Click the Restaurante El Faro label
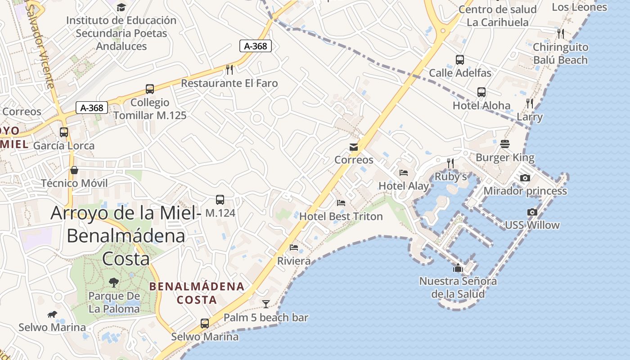point(229,83)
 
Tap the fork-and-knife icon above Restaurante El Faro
point(229,69)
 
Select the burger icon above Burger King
point(505,144)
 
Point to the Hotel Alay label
point(404,186)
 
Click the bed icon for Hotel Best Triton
point(341,202)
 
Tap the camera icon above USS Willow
point(532,212)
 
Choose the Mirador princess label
point(525,191)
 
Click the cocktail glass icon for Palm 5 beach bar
point(266,304)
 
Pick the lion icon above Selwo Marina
point(52,314)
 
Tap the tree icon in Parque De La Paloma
point(114,282)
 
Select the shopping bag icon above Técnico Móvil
point(74,170)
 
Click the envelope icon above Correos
point(354,147)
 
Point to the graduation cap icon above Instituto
point(121,7)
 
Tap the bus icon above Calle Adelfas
point(460,59)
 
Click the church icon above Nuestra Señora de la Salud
point(458,268)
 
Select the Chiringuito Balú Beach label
point(560,54)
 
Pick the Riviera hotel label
point(294,261)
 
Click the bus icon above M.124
point(220,199)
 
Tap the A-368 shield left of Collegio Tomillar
point(92,108)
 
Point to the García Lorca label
point(64,145)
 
